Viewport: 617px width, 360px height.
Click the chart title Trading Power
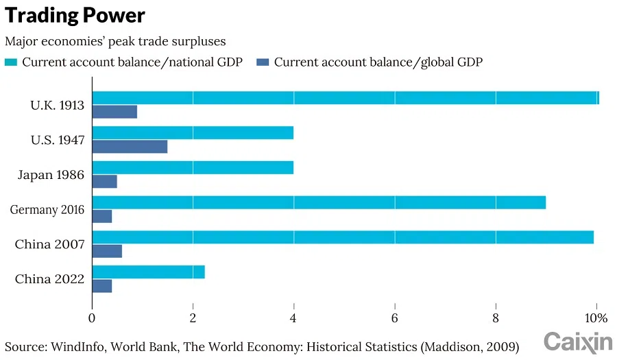75,16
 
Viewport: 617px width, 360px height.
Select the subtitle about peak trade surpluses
114,41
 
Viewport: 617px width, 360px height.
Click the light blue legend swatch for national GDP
11,62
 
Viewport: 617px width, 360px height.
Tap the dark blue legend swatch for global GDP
263,62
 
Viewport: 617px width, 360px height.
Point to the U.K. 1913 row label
57,106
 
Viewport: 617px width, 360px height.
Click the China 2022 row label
49,279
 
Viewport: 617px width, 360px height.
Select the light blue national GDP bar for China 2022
148,272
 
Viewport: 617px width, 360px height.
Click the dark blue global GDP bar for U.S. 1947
130,147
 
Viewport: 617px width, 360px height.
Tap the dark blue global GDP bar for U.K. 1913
114,112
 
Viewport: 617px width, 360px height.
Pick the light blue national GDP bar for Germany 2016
319,202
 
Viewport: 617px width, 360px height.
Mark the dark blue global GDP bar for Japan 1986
104,182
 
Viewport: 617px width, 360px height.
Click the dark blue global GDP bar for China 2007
107,251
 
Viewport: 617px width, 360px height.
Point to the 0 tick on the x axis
92,318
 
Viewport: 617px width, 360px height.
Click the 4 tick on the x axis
293,318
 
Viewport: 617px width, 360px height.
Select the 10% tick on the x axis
596,318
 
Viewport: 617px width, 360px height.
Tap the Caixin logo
578,341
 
